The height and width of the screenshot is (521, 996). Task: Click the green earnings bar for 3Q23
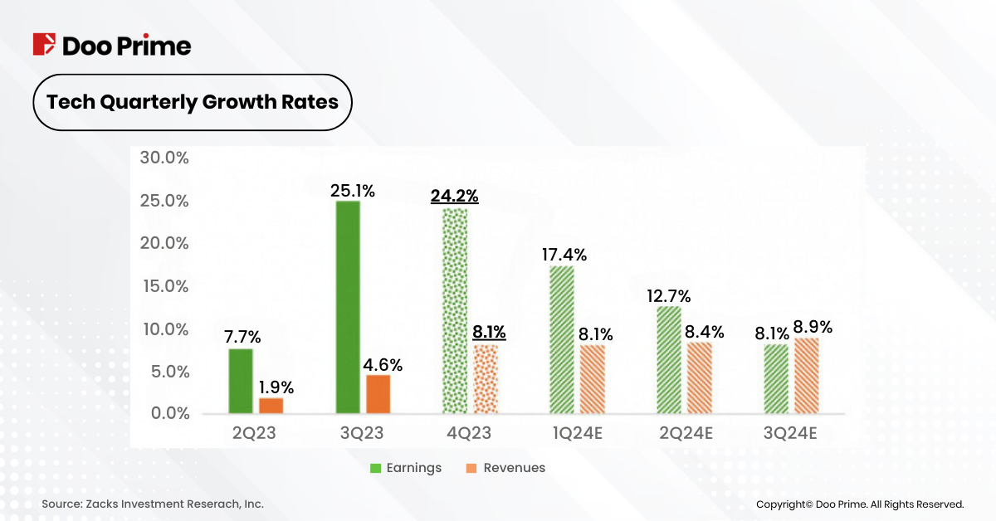(x=348, y=307)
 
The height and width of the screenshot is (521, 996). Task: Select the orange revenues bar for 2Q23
(x=271, y=406)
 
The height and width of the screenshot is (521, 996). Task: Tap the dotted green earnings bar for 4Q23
(x=455, y=310)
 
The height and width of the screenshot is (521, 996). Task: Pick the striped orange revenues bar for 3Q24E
(x=807, y=375)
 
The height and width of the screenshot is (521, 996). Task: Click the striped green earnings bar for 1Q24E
(x=562, y=339)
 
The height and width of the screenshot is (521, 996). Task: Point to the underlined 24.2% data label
(x=454, y=197)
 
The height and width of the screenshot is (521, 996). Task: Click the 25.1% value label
(x=352, y=191)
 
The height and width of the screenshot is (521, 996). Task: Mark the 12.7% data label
(x=668, y=296)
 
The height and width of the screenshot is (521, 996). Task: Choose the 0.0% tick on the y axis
(x=166, y=413)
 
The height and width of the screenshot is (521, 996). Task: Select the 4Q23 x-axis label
(x=469, y=432)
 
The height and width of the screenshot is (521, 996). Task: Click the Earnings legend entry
(x=406, y=468)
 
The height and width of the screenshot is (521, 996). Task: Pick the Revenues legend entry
(x=505, y=468)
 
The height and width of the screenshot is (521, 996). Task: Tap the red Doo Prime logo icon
(x=44, y=45)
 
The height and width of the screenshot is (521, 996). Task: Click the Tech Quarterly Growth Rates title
(x=192, y=102)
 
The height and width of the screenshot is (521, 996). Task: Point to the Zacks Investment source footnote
(x=153, y=504)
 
